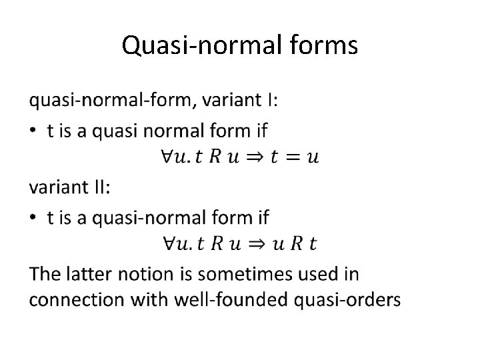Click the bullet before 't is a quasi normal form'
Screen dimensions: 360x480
[33, 131]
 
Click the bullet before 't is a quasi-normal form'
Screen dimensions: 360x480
[33, 217]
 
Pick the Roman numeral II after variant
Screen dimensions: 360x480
[100, 187]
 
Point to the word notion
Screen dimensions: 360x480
[149, 273]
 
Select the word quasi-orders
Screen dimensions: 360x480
[348, 300]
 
